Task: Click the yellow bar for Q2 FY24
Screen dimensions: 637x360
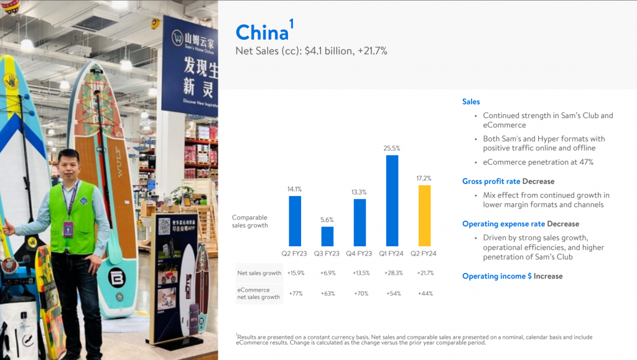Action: click(x=424, y=216)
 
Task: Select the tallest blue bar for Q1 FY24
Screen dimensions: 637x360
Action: click(x=392, y=200)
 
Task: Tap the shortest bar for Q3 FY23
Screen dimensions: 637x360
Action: click(x=327, y=236)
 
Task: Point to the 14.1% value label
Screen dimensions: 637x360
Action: click(x=294, y=189)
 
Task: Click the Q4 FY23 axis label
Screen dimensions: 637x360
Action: click(x=359, y=254)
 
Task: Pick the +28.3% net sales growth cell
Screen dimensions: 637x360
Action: click(x=394, y=273)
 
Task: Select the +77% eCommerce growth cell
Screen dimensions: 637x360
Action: click(x=295, y=293)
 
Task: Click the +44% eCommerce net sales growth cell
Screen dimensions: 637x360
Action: click(x=425, y=293)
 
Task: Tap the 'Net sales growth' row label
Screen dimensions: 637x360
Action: click(x=259, y=273)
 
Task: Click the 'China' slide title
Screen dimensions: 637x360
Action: click(x=262, y=32)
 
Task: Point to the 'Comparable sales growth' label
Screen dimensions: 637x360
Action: click(x=250, y=221)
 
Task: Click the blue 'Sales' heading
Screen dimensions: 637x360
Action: click(x=471, y=102)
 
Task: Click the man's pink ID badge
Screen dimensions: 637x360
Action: click(x=68, y=229)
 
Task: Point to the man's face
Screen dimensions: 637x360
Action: click(x=68, y=167)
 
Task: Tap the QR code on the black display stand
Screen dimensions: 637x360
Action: click(x=164, y=226)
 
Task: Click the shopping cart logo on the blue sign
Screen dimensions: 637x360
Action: click(x=177, y=38)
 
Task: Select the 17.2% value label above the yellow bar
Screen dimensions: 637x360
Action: click(x=424, y=178)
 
